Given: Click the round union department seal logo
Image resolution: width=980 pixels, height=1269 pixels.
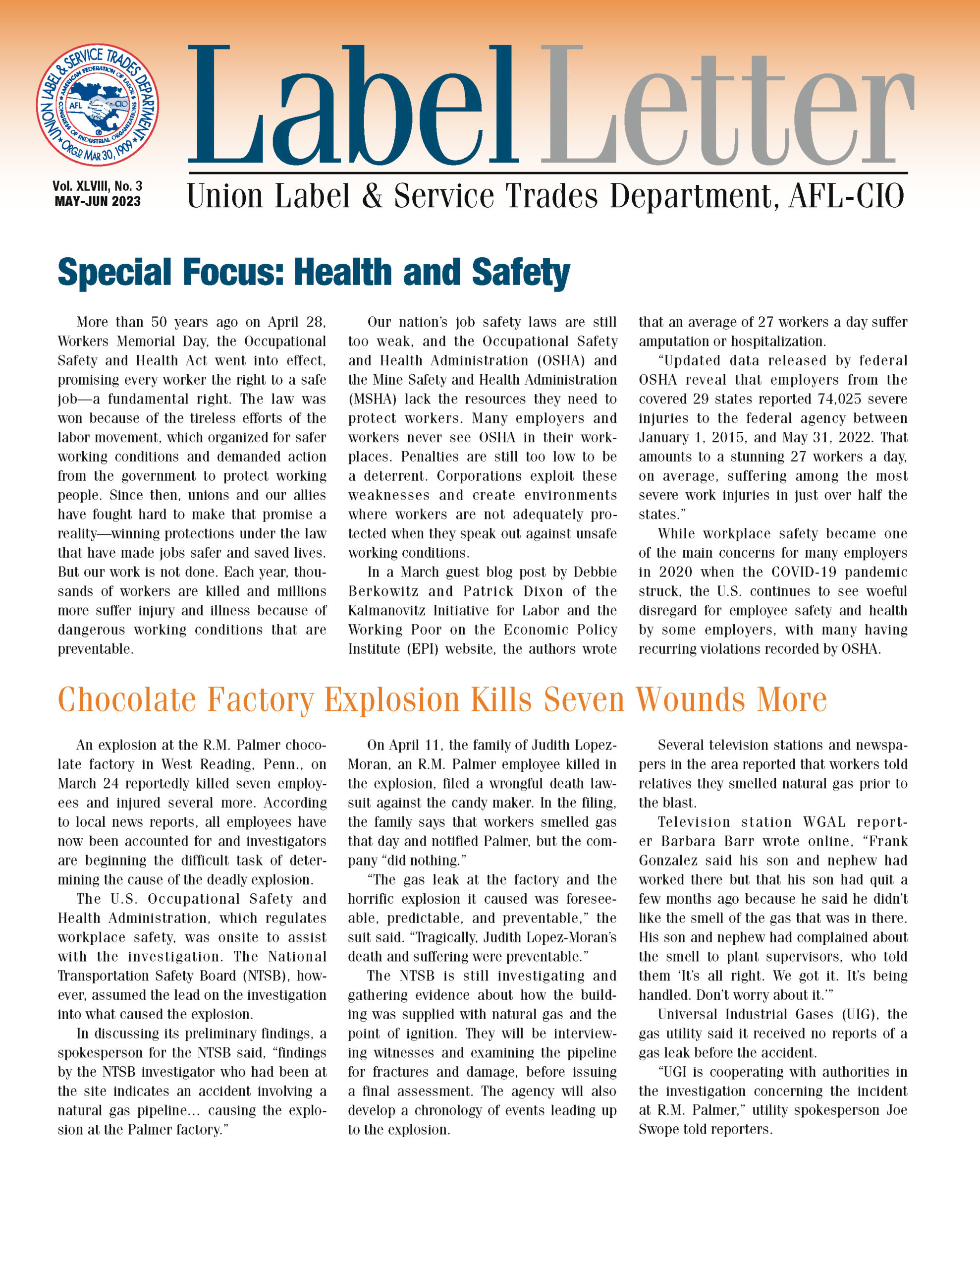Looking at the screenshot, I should [97, 105].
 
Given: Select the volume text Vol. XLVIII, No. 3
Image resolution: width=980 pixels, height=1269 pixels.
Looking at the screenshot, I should [98, 186].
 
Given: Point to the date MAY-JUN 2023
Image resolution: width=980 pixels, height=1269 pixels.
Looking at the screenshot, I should [98, 202].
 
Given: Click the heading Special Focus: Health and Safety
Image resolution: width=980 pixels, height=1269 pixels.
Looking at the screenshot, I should [314, 273].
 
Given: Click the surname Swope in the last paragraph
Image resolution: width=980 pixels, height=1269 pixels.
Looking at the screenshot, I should [658, 1129].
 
